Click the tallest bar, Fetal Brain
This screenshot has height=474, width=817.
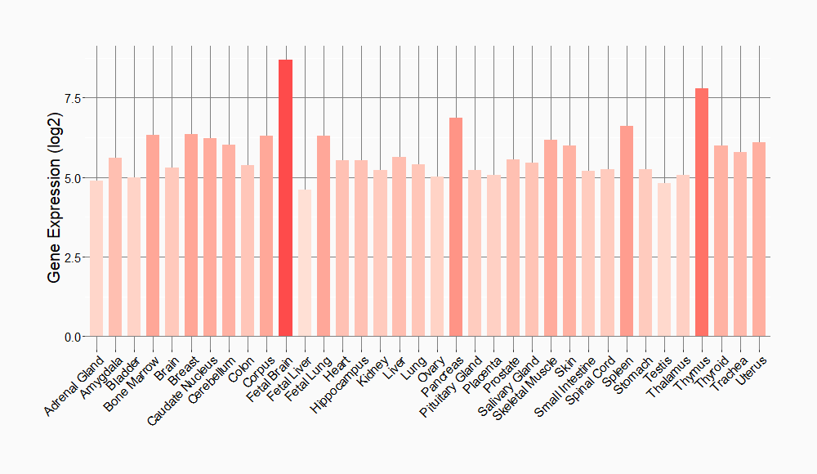coord(285,198)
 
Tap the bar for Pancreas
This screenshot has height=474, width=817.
coord(456,227)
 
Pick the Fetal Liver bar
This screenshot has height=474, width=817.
coord(304,263)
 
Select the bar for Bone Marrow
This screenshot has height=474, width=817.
coord(153,236)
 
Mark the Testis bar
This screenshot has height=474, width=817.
coord(664,260)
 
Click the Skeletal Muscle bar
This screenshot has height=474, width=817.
coord(551,239)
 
